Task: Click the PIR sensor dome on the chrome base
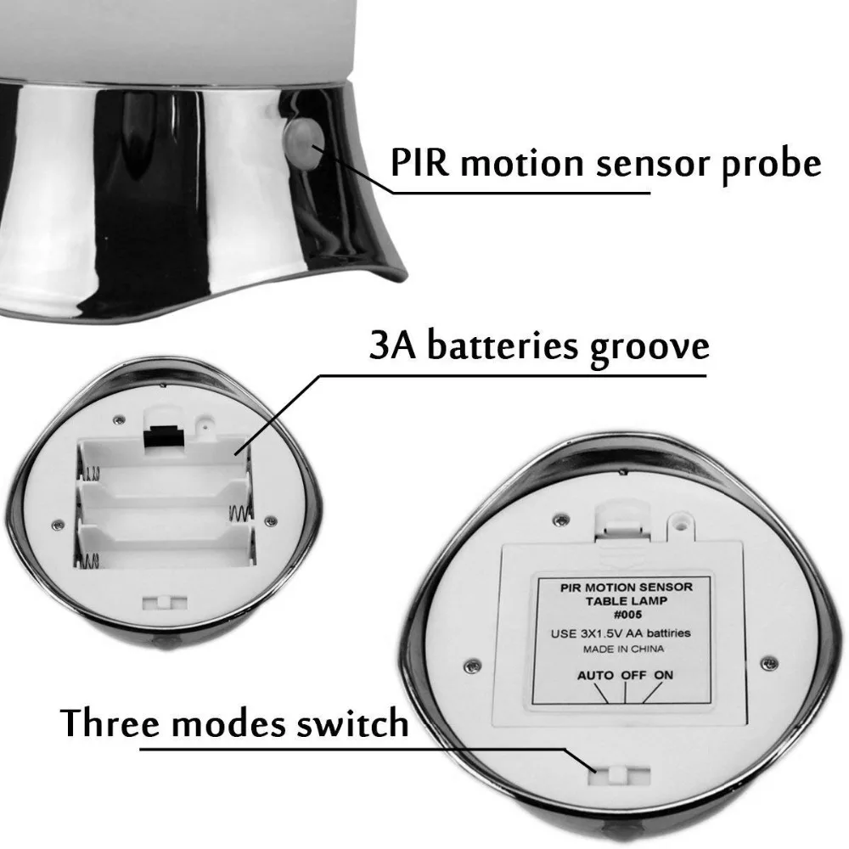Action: coord(303,143)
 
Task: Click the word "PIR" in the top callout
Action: coord(420,162)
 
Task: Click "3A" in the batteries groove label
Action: coord(392,345)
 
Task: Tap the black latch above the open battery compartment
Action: coord(163,435)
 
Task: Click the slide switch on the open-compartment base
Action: coord(165,603)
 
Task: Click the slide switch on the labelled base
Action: coord(619,775)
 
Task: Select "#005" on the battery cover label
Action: coord(627,615)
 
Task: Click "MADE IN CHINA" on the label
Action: coord(623,649)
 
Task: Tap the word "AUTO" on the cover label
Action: coord(595,675)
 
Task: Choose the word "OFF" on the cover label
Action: coord(633,675)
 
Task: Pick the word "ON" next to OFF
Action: coord(663,675)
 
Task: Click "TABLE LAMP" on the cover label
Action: coord(626,600)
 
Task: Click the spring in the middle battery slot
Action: coord(239,514)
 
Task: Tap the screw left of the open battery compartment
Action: coord(58,524)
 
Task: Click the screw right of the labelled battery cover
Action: coord(769,663)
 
